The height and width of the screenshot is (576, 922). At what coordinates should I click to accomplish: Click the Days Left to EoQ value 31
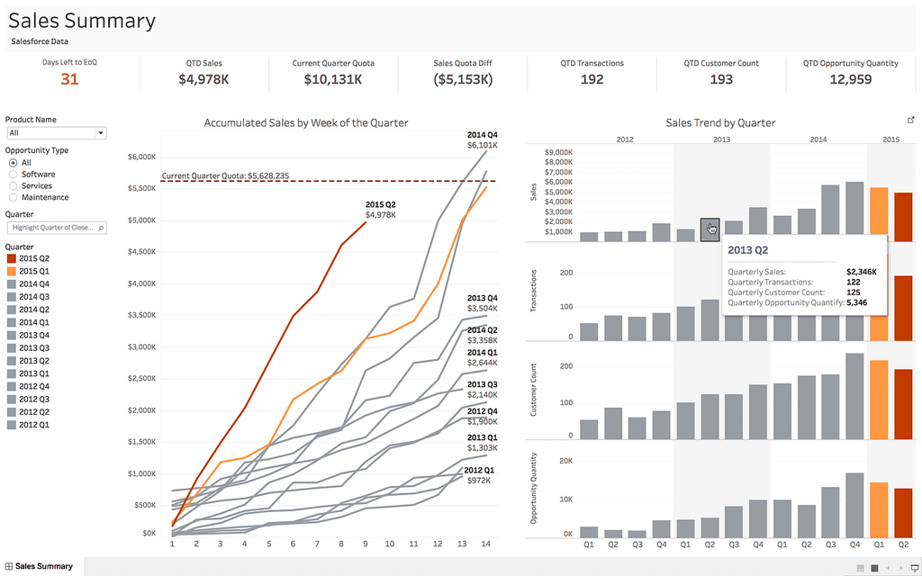coord(69,79)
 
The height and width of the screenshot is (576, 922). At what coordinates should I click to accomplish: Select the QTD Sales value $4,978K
coord(203,79)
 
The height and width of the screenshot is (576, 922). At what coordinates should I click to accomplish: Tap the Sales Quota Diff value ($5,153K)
coord(463,79)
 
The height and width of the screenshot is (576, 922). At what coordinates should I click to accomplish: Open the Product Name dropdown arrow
coord(101,133)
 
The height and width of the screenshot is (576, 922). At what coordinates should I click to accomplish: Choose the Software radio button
coord(13,174)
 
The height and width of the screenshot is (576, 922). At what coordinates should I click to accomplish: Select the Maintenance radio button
coord(13,197)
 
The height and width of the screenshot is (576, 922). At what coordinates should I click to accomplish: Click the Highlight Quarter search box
coord(57,228)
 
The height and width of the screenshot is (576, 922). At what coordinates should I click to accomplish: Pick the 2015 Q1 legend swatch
coord(11,271)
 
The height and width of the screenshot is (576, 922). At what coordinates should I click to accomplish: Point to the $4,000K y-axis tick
coord(141,283)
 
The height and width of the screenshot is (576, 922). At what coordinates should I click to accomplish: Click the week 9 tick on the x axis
coord(366,544)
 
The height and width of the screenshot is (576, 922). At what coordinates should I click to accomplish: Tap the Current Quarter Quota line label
coord(225,175)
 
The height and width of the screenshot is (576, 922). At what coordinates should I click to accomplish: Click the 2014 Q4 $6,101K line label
coord(483,139)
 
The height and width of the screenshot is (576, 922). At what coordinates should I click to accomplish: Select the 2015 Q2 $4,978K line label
coord(381,210)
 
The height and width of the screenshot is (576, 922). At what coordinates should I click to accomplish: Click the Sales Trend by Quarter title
coord(720,122)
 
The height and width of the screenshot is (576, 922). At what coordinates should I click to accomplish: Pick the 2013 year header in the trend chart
coord(721,139)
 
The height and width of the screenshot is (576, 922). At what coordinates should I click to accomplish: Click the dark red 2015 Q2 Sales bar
coord(903,217)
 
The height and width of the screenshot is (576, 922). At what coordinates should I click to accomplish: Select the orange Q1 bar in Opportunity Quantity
coord(879,510)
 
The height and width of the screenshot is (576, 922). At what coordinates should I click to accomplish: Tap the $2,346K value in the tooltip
coord(862,272)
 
